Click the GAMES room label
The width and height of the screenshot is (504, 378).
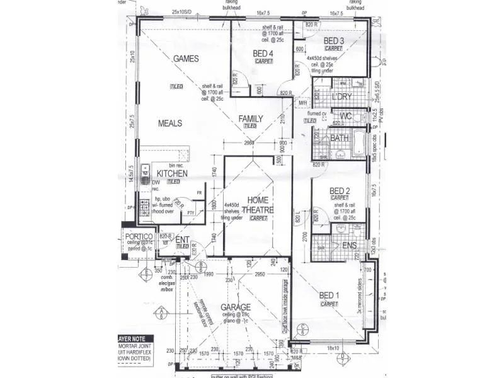click(186, 59)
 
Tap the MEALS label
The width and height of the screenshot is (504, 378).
click(170, 123)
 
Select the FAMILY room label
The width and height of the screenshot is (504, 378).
click(250, 118)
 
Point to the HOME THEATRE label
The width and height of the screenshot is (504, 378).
click(258, 205)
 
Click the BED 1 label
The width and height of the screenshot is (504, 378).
click(328, 295)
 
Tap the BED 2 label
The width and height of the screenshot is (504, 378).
click(340, 191)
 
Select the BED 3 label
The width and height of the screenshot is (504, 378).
click(334, 41)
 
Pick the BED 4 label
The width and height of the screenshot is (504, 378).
click(263, 54)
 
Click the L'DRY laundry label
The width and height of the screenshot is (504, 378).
click(343, 98)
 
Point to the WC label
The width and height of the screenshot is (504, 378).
click(345, 117)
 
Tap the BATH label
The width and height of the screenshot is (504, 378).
click(339, 138)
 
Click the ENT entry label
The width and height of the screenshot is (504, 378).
click(182, 239)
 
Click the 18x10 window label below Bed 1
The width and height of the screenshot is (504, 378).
click(333, 348)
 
